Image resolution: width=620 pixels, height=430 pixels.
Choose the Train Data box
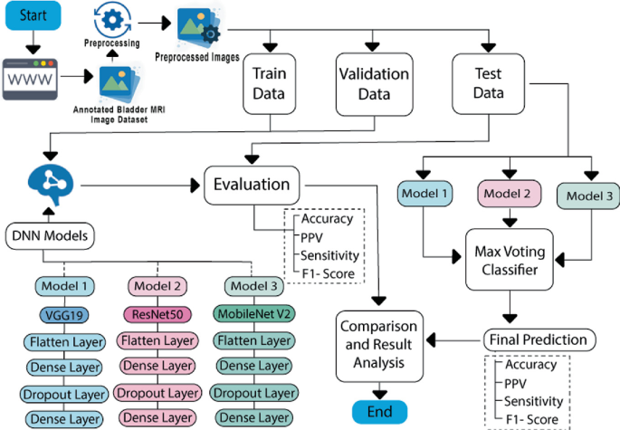point(269,83)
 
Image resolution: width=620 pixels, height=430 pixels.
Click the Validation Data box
point(373,83)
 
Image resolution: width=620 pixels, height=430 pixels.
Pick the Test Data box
point(489,81)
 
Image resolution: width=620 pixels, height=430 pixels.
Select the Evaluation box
point(252,185)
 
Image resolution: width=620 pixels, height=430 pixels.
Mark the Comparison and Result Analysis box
point(378,345)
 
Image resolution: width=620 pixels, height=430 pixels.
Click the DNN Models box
point(50,237)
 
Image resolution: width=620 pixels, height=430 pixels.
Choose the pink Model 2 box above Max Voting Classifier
point(508,192)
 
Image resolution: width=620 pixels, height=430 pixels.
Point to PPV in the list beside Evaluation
point(313,236)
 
